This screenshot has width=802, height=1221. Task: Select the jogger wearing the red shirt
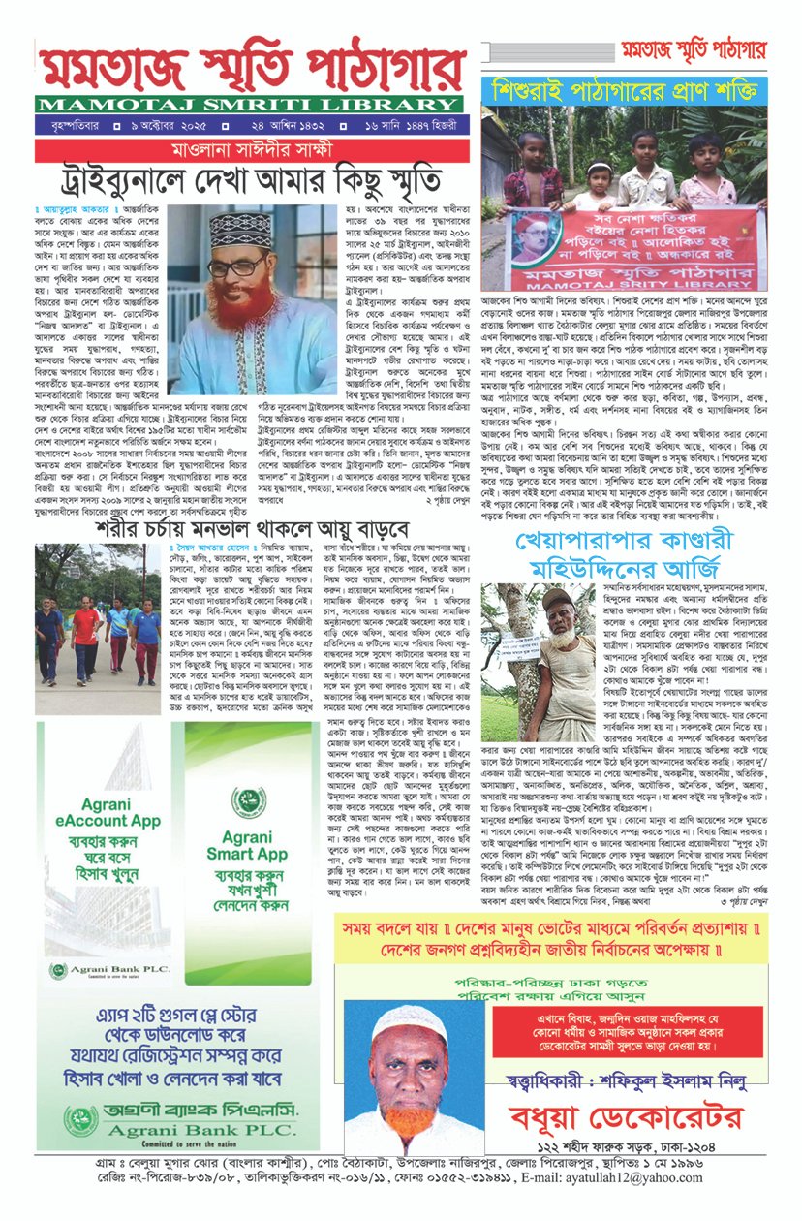pyautogui.click(x=85, y=636)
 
